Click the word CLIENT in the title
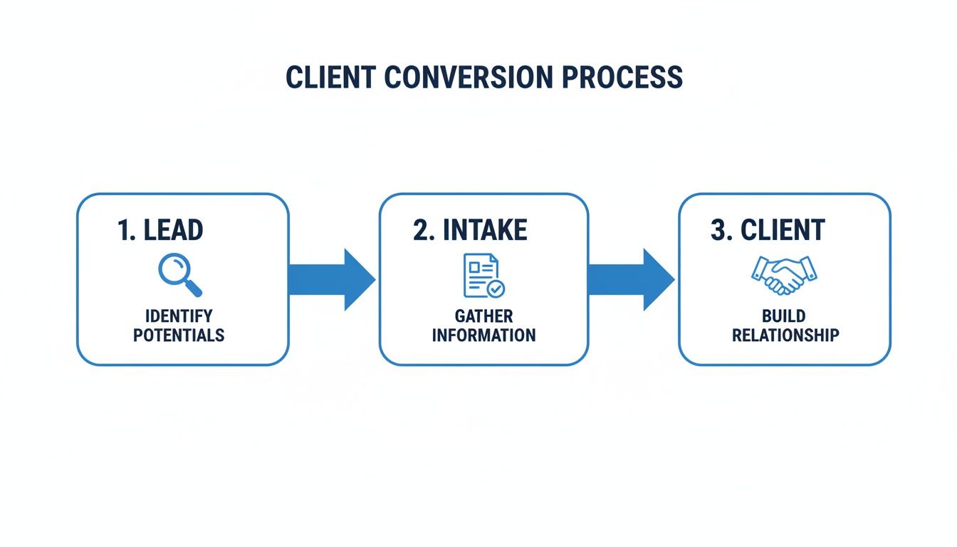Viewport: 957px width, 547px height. click(x=328, y=78)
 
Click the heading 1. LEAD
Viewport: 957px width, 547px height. click(x=160, y=231)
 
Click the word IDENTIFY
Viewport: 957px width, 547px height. click(x=179, y=316)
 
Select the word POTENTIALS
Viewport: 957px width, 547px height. click(x=179, y=335)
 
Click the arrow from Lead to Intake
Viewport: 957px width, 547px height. click(x=332, y=280)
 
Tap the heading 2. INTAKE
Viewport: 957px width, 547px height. click(x=470, y=231)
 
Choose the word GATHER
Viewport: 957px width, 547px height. click(x=483, y=316)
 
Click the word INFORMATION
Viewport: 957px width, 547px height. click(x=483, y=335)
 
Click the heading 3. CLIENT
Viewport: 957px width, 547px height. click(x=768, y=231)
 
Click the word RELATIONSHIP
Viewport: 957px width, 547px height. click(x=785, y=335)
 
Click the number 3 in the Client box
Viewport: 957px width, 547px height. click(x=718, y=231)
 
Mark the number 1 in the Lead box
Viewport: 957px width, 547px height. click(x=122, y=231)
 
